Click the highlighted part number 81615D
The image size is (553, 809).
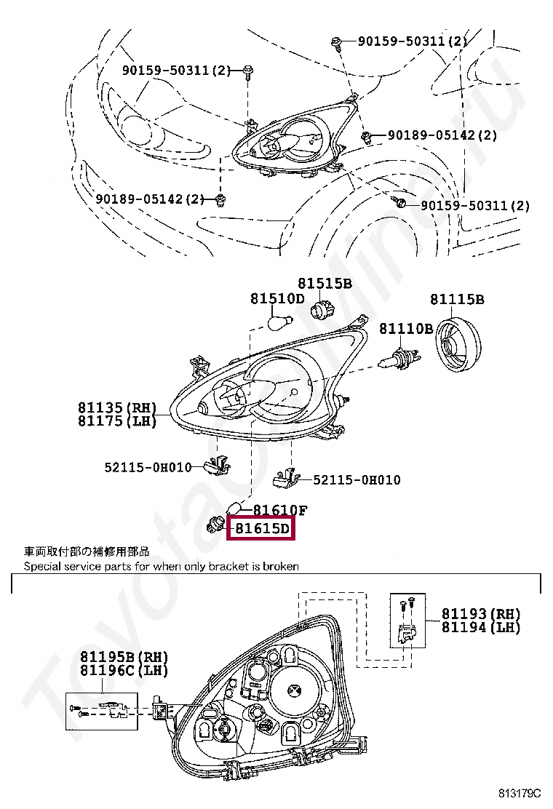click(261, 529)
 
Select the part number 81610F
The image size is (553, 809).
click(280, 511)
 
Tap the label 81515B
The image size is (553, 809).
click(325, 284)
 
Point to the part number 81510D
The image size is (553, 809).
click(277, 298)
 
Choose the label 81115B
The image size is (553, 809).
click(457, 299)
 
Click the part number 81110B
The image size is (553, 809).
click(405, 329)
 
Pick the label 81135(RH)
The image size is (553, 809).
click(117, 407)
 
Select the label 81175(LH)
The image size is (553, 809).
click(117, 421)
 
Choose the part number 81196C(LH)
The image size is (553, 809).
click(124, 671)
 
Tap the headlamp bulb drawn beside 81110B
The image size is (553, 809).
click(400, 356)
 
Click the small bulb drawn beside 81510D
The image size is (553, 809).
click(280, 320)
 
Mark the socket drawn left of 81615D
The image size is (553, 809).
click(217, 521)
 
